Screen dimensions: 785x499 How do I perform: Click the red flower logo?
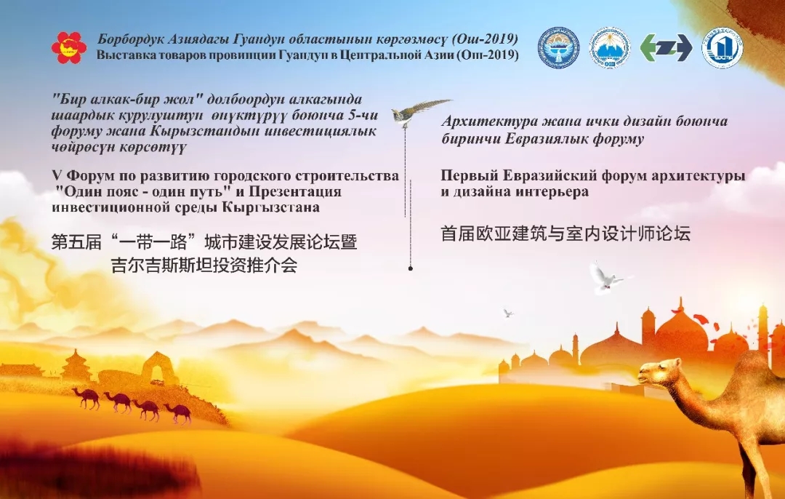[x=68, y=47]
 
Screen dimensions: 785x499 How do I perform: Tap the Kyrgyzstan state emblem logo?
[x=558, y=47]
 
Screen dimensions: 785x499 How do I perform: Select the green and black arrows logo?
[x=666, y=48]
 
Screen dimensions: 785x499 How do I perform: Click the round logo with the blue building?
[x=722, y=47]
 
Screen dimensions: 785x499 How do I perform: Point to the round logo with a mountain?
[x=609, y=47]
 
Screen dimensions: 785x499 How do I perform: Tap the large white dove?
[x=607, y=277]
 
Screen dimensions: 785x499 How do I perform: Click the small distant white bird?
[x=508, y=313]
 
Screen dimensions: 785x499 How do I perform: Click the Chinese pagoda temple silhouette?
[x=76, y=366]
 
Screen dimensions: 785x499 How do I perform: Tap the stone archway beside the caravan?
[x=159, y=368]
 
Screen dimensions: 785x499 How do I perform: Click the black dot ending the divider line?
[x=411, y=268]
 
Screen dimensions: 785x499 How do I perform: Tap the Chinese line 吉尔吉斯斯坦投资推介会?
[x=204, y=265]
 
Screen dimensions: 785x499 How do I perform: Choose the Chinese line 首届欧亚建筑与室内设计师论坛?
[x=565, y=233]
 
